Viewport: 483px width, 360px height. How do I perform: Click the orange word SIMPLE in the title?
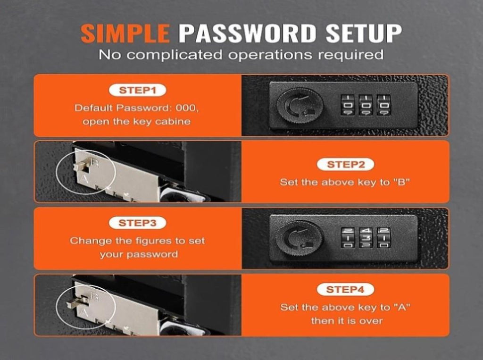(125, 33)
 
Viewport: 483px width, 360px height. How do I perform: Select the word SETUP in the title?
(364, 33)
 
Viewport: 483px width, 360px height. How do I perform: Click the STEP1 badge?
(138, 90)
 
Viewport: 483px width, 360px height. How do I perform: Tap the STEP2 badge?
(346, 165)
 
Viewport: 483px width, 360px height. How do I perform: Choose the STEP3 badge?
(137, 223)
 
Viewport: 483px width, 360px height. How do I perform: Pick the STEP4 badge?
(345, 290)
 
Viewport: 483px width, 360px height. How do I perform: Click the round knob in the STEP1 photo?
(300, 106)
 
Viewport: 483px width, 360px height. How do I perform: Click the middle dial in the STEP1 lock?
(366, 105)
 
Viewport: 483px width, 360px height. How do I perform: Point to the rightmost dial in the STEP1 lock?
(384, 105)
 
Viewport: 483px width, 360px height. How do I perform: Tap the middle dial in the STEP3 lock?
(366, 237)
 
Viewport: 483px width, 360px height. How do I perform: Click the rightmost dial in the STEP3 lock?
(384, 237)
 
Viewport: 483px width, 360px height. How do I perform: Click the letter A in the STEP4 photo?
(83, 312)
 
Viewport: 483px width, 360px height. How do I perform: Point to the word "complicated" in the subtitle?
(174, 55)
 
